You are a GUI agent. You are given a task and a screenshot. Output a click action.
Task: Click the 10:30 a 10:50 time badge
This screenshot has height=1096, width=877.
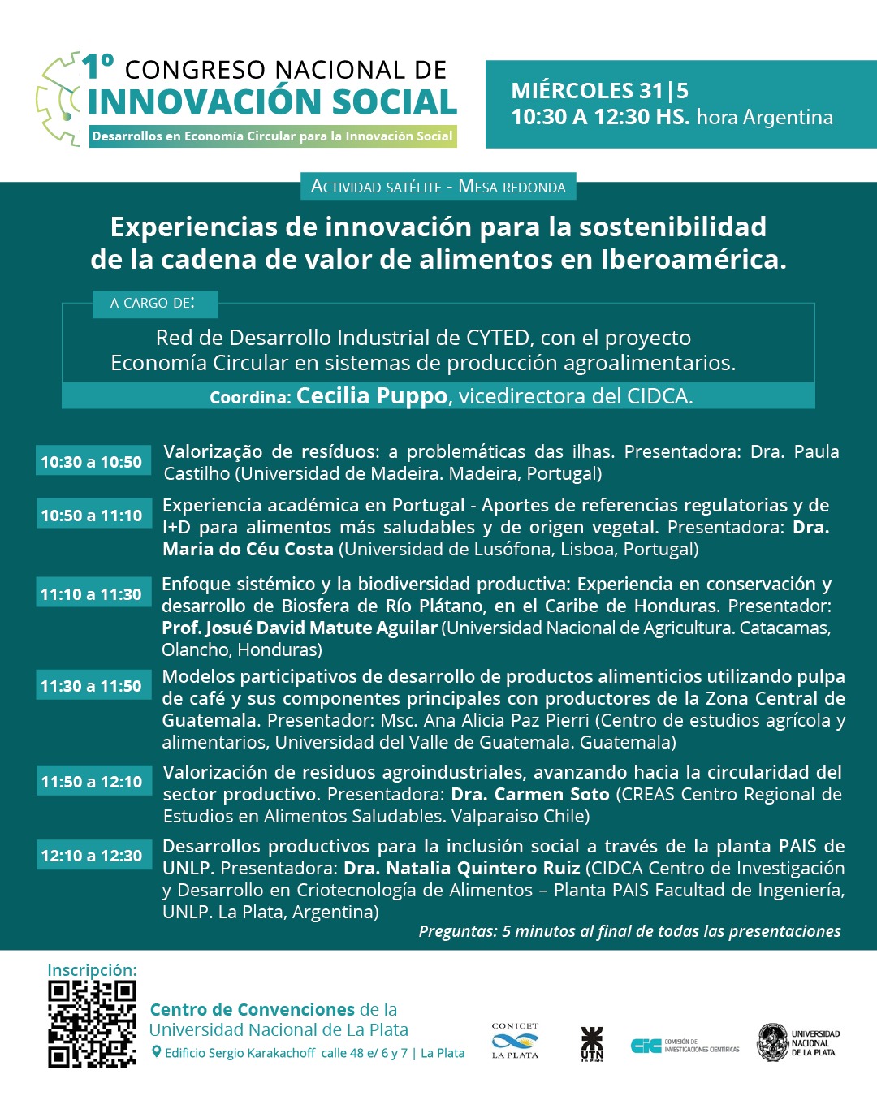[x=93, y=462]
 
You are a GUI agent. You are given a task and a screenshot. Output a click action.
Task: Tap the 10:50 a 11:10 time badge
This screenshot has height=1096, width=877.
[x=93, y=516]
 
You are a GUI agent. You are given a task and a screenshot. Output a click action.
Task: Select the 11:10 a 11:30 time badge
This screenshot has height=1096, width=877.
[x=93, y=594]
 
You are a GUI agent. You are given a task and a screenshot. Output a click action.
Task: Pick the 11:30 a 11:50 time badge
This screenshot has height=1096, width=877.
[x=93, y=686]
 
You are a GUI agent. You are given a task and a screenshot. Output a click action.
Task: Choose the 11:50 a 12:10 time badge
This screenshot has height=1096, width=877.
[x=93, y=782]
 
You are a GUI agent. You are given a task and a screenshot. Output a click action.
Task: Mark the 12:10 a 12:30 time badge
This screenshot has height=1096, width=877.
[x=93, y=856]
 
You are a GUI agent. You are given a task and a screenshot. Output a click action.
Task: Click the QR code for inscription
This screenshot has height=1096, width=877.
[x=92, y=1024]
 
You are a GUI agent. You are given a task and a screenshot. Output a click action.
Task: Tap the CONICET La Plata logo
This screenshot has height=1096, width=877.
[x=515, y=1041]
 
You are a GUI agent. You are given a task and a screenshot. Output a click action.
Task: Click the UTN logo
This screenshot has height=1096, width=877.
[x=592, y=1043]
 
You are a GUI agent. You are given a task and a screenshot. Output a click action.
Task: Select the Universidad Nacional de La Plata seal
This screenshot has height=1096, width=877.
[x=773, y=1042]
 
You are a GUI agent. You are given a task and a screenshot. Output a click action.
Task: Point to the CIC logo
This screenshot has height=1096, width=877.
[x=646, y=1046]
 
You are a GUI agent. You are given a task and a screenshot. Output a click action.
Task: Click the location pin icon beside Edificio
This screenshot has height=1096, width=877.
[x=157, y=1052]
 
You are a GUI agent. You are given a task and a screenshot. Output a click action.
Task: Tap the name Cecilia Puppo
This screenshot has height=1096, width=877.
[x=372, y=396]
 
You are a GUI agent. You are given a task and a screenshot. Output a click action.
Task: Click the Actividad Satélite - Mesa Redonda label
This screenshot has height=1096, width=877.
[x=438, y=187]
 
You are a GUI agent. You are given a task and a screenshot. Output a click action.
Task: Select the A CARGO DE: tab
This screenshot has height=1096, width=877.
[x=153, y=303]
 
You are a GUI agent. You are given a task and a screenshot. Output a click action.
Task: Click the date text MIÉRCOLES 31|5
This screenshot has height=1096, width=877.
[x=599, y=91]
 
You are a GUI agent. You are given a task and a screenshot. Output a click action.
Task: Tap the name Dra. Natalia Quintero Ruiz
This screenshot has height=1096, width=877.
[x=461, y=868]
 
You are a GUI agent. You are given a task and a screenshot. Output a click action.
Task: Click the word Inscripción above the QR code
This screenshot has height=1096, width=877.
[x=92, y=970]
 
